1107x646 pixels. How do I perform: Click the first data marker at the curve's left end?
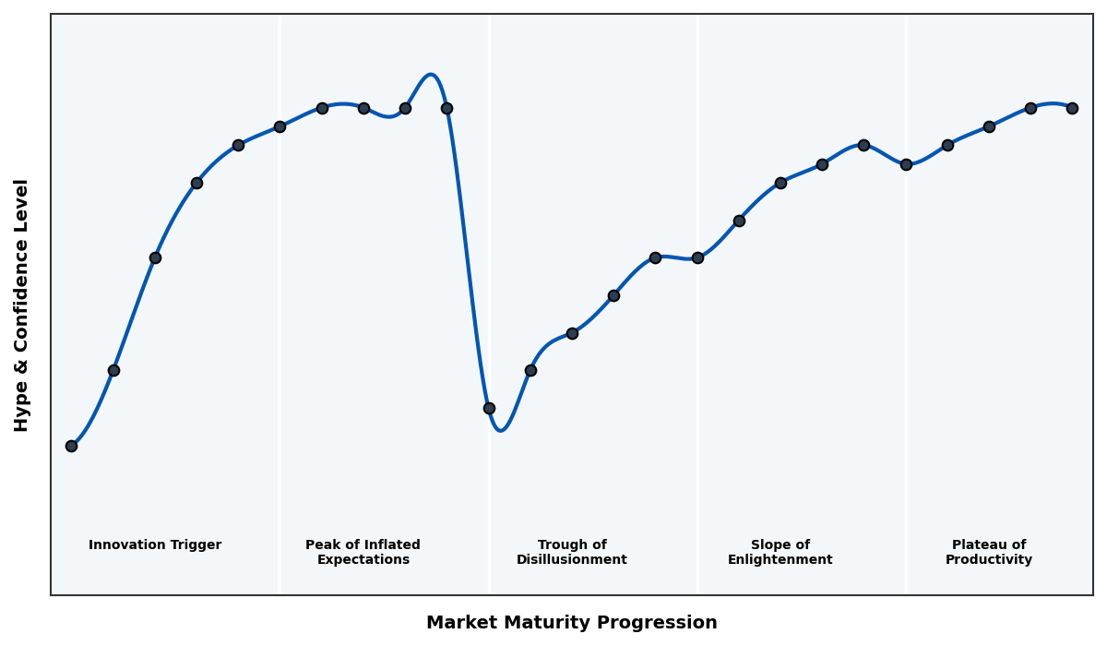pyautogui.click(x=71, y=446)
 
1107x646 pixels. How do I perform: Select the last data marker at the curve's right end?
pyautogui.click(x=1072, y=108)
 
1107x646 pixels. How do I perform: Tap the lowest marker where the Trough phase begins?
pyautogui.click(x=489, y=408)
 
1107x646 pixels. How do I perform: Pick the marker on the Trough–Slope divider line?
pyautogui.click(x=697, y=257)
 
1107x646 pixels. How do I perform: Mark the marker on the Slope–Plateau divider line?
pyautogui.click(x=906, y=164)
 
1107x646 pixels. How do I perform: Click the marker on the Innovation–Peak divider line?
pyautogui.click(x=280, y=126)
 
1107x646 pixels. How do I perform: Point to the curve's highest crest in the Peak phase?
pyautogui.click(x=430, y=75)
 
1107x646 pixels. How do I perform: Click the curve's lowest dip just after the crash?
pyautogui.click(x=500, y=430)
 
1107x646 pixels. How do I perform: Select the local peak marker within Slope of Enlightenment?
pyautogui.click(x=863, y=145)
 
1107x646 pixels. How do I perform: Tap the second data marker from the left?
pyautogui.click(x=113, y=370)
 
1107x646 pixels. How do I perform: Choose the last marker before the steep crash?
pyautogui.click(x=446, y=108)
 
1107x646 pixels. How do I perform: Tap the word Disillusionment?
pyautogui.click(x=572, y=560)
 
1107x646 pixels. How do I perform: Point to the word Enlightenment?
pyautogui.click(x=780, y=560)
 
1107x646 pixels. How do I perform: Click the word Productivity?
pyautogui.click(x=989, y=560)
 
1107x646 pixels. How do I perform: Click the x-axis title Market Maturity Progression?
pyautogui.click(x=572, y=623)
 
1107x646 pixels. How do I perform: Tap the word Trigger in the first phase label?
pyautogui.click(x=196, y=545)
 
